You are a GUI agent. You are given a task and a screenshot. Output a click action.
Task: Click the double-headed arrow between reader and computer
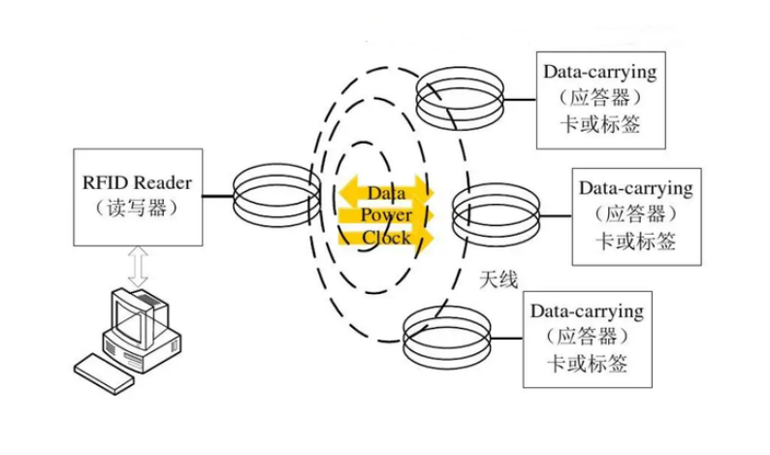pyautogui.click(x=138, y=265)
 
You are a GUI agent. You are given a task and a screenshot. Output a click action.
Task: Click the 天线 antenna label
pyautogui.click(x=498, y=279)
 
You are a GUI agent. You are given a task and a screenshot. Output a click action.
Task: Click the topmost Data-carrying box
pyautogui.click(x=600, y=97)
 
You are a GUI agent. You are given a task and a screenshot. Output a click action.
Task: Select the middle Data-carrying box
pyautogui.click(x=635, y=212)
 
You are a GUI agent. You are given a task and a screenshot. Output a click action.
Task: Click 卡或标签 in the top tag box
pyautogui.click(x=600, y=124)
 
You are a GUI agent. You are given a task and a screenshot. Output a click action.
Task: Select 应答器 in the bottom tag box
pyautogui.click(x=586, y=337)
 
